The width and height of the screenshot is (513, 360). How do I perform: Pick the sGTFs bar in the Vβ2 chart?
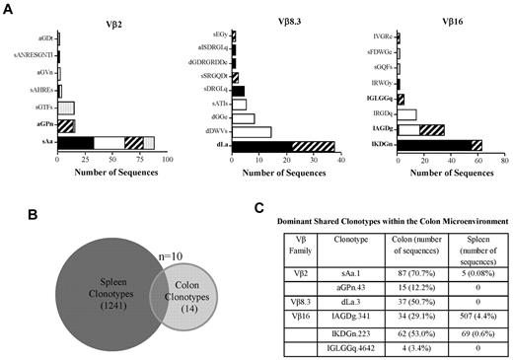pos(67,108)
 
